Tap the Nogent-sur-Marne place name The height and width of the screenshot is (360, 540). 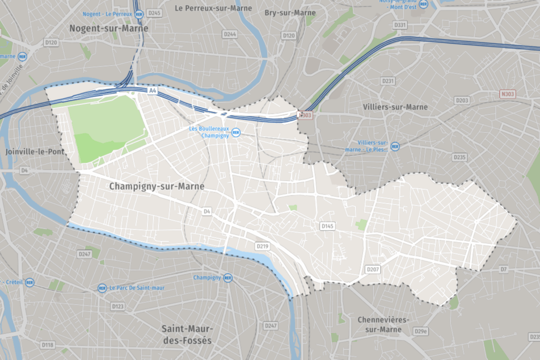click(x=109, y=28)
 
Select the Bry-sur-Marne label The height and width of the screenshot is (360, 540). click(x=290, y=13)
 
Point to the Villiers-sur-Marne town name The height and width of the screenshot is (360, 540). click(x=396, y=106)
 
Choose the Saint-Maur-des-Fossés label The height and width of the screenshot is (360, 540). click(x=187, y=334)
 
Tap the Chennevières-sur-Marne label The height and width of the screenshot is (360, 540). click(x=383, y=324)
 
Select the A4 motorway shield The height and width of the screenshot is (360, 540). click(x=152, y=91)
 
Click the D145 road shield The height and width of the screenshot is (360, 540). click(x=327, y=226)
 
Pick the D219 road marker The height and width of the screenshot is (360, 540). click(x=262, y=246)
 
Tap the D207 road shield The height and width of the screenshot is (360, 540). click(x=373, y=269)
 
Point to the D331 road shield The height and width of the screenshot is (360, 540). click(x=400, y=25)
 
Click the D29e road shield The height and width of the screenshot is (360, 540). click(x=420, y=331)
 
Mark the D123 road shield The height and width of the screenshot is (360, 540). click(x=118, y=306)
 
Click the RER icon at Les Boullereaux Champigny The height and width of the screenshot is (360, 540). click(x=236, y=132)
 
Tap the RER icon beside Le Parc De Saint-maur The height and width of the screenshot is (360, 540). click(x=102, y=288)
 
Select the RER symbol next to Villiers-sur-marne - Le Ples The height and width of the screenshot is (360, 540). click(x=395, y=146)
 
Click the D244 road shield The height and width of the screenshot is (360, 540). click(x=230, y=34)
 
